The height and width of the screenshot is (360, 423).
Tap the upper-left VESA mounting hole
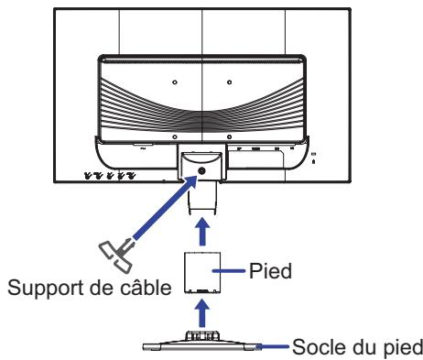(x=174, y=81)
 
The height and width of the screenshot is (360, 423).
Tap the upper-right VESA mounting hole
(x=230, y=81)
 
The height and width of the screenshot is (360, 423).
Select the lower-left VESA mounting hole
(x=174, y=136)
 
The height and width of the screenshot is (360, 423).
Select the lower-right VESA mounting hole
(x=230, y=136)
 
